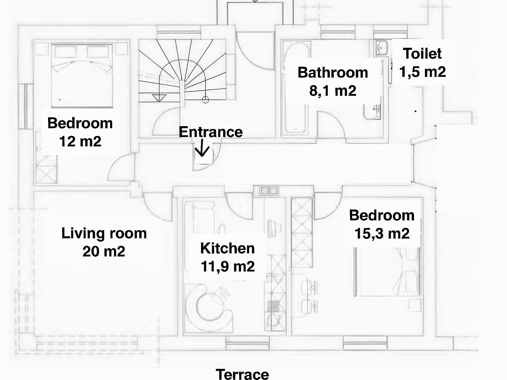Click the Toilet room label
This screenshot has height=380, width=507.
pyautogui.click(x=422, y=63)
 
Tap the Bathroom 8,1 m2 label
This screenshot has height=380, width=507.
pyautogui.click(x=333, y=81)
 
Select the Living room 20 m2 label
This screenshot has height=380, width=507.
pyautogui.click(x=104, y=242)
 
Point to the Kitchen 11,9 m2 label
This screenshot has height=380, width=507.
pyautogui.click(x=228, y=257)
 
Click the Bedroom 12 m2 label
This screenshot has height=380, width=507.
pyautogui.click(x=80, y=132)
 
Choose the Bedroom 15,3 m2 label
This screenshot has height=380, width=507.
pyautogui.click(x=382, y=224)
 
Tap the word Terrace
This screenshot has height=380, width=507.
pyautogui.click(x=242, y=374)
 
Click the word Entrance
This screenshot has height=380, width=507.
pyautogui.click(x=211, y=132)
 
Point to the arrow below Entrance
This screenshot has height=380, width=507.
pyautogui.click(x=202, y=150)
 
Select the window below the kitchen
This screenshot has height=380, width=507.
pyautogui.click(x=247, y=344)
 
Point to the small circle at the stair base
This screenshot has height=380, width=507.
pyautogui.click(x=205, y=99)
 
